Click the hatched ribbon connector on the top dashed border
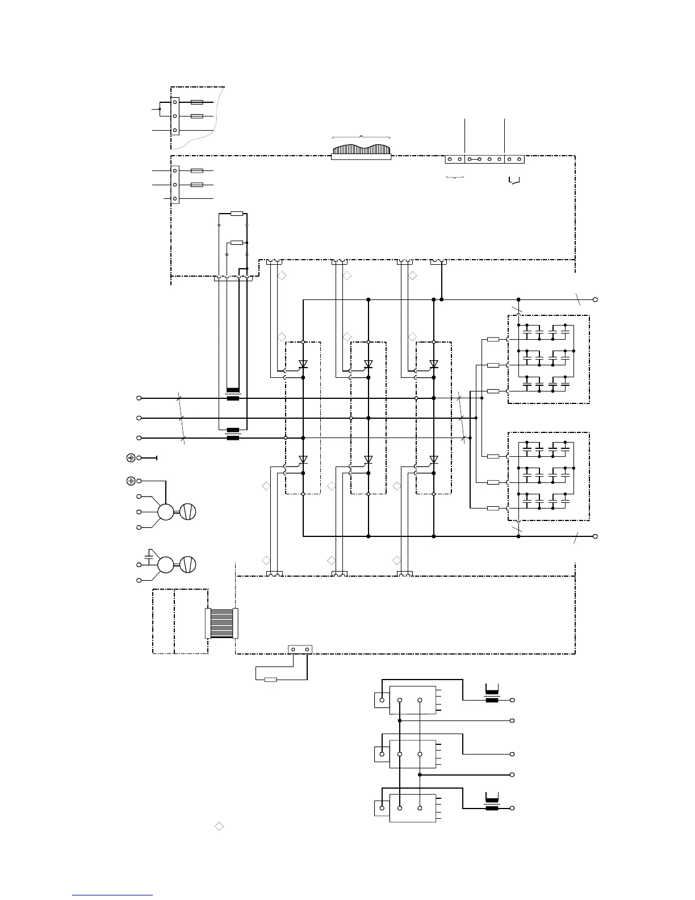(361, 151)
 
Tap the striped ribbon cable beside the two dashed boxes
(221, 623)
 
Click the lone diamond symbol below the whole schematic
(219, 826)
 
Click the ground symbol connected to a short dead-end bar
(131, 457)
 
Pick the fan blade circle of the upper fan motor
(188, 511)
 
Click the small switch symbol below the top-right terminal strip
(514, 181)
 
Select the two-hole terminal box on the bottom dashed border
(300, 649)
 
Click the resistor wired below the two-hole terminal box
(270, 679)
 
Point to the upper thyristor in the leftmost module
(303, 364)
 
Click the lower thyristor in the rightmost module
(434, 459)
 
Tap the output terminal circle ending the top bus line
(595, 299)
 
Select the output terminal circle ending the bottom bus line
(595, 536)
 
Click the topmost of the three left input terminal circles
(139, 398)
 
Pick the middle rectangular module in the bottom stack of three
(413, 754)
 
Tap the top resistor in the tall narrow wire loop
(237, 214)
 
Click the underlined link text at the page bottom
(112, 895)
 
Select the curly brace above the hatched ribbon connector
(361, 137)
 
